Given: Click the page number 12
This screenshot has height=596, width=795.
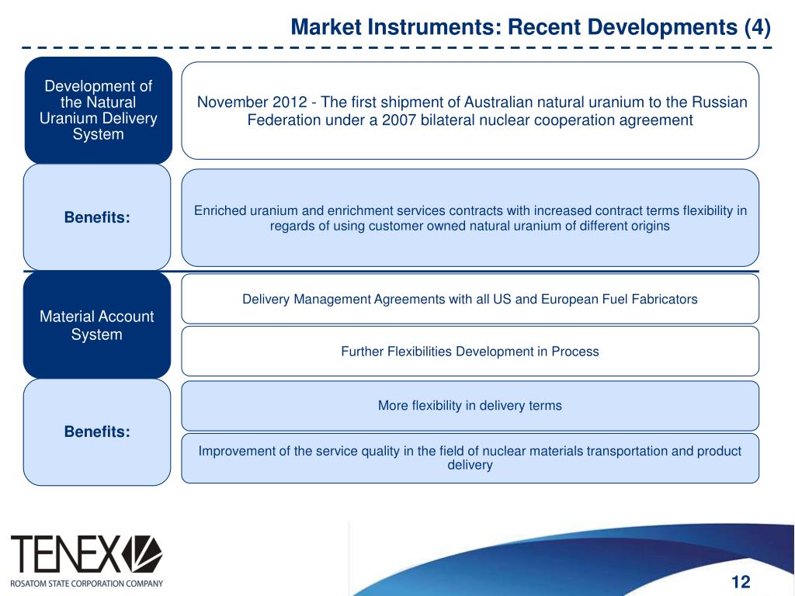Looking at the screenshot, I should point(741,582).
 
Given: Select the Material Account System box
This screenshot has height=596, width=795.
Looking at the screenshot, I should point(97,326).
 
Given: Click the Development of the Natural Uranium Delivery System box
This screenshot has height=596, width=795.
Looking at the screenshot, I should point(97,110).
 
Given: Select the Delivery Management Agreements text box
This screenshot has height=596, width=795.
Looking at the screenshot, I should point(470,299).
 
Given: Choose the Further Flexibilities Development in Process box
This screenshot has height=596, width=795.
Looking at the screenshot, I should point(470,352).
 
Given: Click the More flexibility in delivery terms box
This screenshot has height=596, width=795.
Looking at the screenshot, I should point(470,405).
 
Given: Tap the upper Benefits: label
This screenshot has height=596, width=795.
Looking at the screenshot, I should point(97,218).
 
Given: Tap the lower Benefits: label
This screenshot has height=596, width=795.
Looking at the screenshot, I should point(97,431).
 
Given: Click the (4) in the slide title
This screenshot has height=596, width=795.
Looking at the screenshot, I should point(756,28).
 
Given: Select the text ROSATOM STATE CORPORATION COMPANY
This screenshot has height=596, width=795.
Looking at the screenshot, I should point(86,583).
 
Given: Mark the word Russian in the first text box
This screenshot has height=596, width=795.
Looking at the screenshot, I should point(722,102).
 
